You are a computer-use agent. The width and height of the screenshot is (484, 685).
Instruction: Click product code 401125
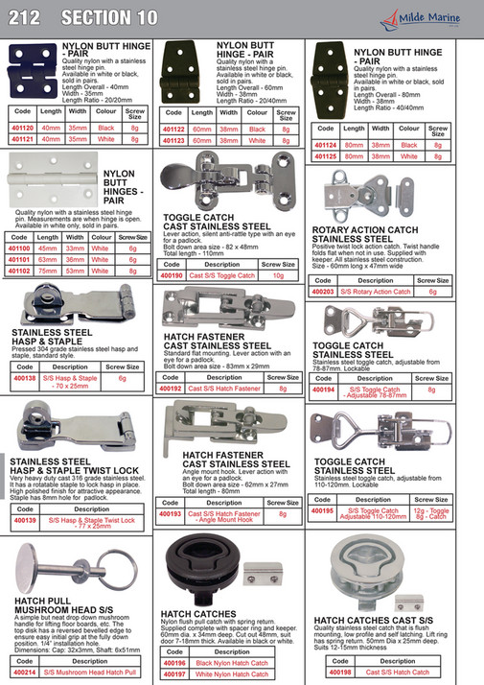[326, 155]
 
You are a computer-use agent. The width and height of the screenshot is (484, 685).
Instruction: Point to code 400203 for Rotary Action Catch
[326, 292]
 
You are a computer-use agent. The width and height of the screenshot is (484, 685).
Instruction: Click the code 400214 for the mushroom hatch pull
[25, 673]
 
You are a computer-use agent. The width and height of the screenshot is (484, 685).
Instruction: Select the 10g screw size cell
[278, 275]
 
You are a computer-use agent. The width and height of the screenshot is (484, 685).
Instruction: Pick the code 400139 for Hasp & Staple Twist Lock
[25, 521]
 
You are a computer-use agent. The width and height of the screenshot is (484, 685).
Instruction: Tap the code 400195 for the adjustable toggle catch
[326, 511]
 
